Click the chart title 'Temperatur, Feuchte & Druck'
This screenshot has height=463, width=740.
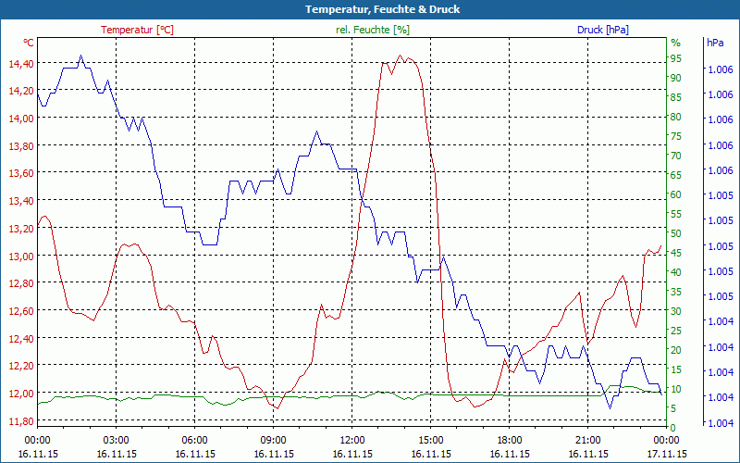pyautogui.click(x=369, y=9)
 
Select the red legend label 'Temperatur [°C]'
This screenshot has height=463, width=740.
pyautogui.click(x=137, y=30)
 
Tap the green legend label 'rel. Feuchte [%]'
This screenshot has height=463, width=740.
pyautogui.click(x=373, y=30)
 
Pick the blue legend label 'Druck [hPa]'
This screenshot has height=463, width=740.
pyautogui.click(x=603, y=30)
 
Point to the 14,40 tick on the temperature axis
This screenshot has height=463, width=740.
pyautogui.click(x=20, y=63)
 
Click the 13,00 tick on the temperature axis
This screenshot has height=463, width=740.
pyautogui.click(x=20, y=256)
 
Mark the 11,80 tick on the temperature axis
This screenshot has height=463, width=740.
pyautogui.click(x=20, y=420)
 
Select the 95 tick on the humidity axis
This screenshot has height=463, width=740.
pyautogui.click(x=675, y=58)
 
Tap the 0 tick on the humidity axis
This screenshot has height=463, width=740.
pyautogui.click(x=673, y=427)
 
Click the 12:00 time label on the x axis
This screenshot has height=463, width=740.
pyautogui.click(x=352, y=441)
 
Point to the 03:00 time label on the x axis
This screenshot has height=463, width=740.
pyautogui.click(x=116, y=441)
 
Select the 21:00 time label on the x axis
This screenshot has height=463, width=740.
pyautogui.click(x=588, y=441)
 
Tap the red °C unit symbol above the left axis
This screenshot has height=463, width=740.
pyautogui.click(x=29, y=43)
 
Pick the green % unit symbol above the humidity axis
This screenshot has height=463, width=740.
pyautogui.click(x=675, y=43)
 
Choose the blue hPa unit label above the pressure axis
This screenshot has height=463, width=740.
pyautogui.click(x=715, y=43)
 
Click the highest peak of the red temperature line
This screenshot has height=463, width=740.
pyautogui.click(x=400, y=56)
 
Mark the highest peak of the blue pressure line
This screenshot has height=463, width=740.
pyautogui.click(x=81, y=56)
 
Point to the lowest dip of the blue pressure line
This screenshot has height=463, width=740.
pyautogui.click(x=610, y=407)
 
